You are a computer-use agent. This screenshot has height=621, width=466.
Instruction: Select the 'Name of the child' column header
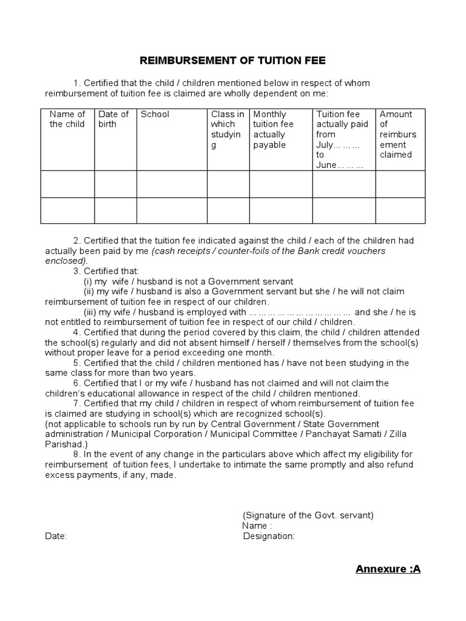67,119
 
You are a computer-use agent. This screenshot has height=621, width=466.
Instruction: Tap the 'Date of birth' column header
113,119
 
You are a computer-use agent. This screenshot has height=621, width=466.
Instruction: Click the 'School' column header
155,114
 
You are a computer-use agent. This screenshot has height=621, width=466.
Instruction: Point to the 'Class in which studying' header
228,129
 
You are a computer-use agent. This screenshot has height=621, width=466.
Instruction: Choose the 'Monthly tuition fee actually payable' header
273,129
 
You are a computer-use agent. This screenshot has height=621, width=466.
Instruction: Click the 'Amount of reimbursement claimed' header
396,134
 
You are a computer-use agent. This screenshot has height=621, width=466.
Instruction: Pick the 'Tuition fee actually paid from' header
342,124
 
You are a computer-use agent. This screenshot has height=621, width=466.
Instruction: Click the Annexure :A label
388,569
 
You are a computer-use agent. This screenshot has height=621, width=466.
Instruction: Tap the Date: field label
56,536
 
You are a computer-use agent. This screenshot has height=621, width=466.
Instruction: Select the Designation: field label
269,536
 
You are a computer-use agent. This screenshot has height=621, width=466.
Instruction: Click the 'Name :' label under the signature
257,526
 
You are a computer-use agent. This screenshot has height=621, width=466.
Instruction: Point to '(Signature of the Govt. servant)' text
308,515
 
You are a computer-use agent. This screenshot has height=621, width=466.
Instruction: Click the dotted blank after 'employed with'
300,312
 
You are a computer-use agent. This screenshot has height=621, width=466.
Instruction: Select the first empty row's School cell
172,184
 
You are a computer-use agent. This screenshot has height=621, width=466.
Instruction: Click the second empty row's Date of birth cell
115,210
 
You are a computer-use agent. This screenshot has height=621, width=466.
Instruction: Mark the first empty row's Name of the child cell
67,184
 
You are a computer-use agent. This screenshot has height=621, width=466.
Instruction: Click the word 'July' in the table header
325,145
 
